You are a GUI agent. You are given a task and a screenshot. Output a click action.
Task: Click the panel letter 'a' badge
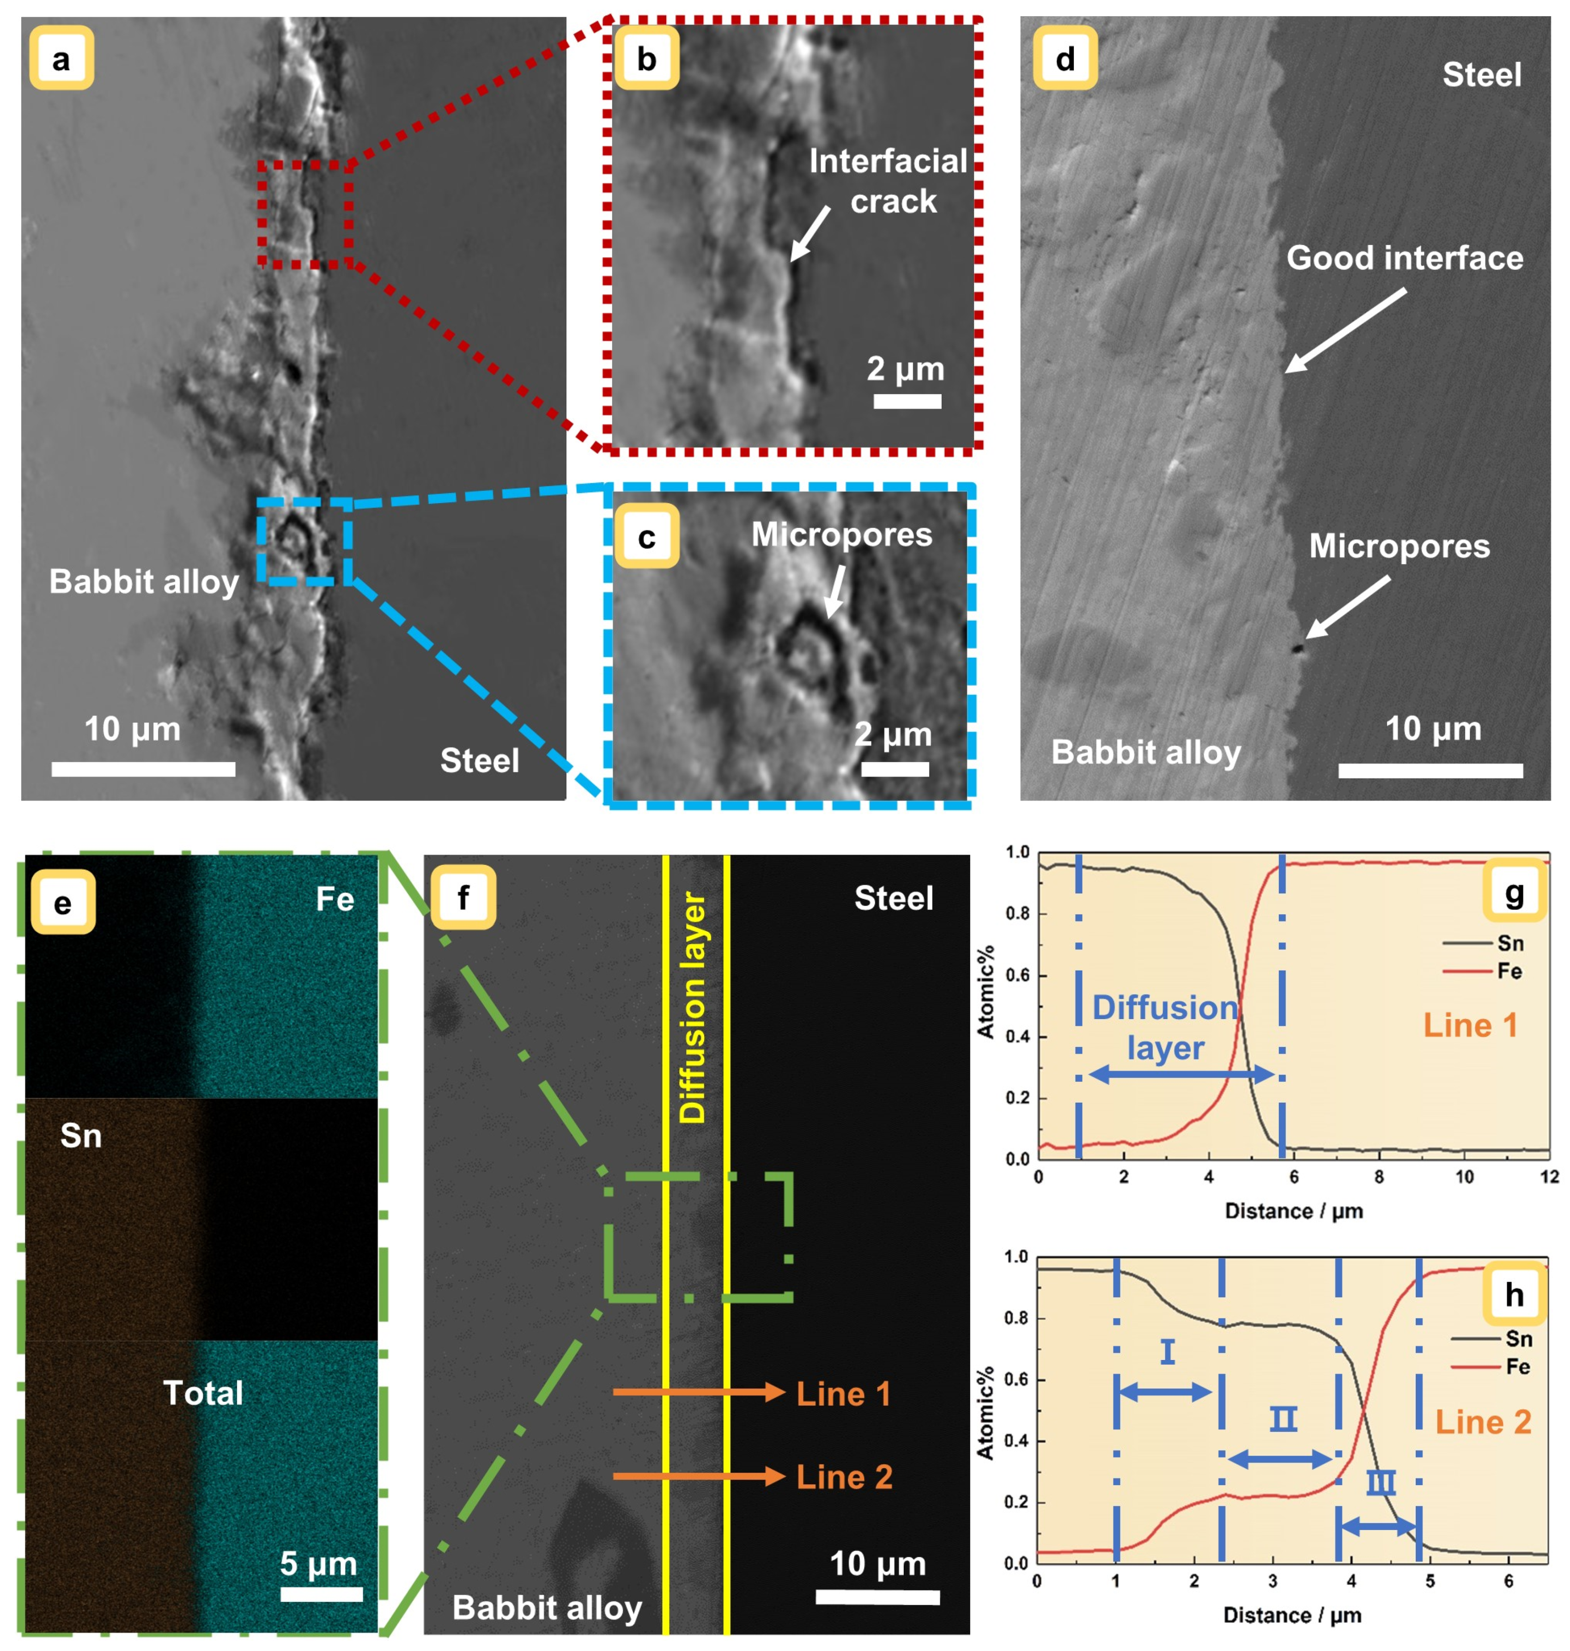coord(61,59)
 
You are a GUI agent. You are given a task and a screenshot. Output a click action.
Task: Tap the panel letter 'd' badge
coord(1065,59)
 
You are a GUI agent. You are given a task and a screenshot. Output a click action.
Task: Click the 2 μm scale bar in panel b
coord(907,401)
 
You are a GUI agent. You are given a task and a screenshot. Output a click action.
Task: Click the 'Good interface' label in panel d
coord(1404,258)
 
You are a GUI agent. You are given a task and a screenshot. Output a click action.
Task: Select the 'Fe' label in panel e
coord(335,899)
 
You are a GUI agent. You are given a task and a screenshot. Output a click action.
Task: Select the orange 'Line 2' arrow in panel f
coord(699,1476)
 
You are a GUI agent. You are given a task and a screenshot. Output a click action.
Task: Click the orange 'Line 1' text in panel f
coord(843,1393)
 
